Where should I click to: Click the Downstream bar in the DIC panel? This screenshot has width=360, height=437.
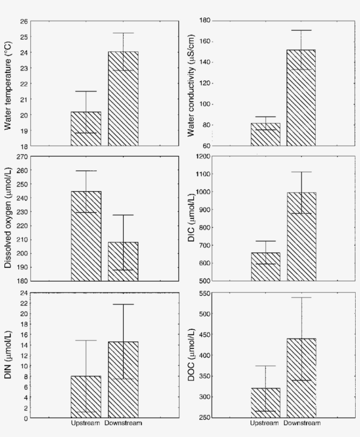click(301, 237)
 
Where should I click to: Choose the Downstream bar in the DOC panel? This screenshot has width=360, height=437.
click(301, 378)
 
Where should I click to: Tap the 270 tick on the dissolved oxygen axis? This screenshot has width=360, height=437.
click(22, 156)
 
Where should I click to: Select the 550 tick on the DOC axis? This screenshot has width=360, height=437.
click(205, 293)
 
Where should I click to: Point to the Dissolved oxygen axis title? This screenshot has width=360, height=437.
click(7, 219)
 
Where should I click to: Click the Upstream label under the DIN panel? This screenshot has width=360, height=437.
click(86, 423)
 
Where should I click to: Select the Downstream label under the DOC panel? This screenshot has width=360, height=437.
click(302, 423)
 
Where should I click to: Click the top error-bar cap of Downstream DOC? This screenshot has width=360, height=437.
click(301, 298)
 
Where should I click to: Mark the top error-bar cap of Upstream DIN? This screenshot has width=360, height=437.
click(86, 340)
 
